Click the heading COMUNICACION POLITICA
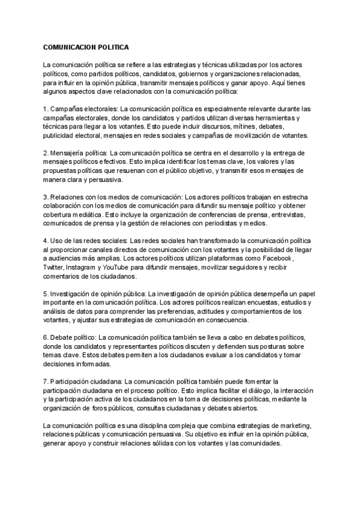(86, 46)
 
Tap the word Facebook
(274, 258)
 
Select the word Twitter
(53, 267)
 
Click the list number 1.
(44, 109)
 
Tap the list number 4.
(44, 241)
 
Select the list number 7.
(44, 381)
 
